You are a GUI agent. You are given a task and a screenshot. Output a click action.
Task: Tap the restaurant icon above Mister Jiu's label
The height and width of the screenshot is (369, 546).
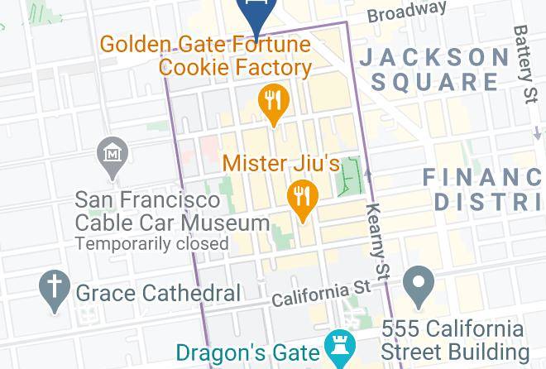[273, 103]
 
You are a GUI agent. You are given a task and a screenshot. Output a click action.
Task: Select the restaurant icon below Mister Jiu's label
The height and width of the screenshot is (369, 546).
[303, 199]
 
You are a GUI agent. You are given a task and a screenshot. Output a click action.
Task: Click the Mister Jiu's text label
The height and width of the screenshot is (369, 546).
[281, 163]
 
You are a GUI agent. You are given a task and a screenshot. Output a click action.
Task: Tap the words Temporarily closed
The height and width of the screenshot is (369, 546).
[151, 243]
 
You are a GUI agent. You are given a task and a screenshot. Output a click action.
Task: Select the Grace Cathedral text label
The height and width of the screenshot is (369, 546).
[158, 292]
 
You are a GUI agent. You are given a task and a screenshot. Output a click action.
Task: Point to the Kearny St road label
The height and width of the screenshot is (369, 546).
[377, 240]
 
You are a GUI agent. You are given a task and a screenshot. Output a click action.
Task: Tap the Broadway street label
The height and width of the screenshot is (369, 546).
[406, 12]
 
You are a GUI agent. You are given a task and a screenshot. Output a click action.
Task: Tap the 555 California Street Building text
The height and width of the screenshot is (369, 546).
[453, 339]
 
